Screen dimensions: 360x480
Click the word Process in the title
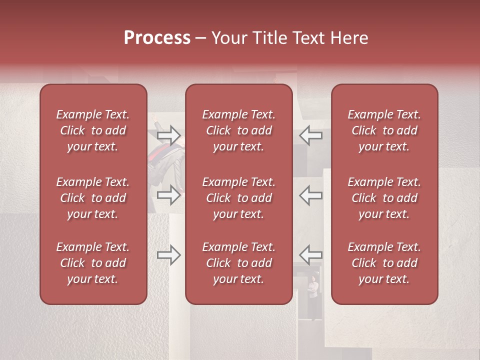[x=157, y=38]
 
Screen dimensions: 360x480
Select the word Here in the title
[x=348, y=38]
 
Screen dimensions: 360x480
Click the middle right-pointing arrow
[x=168, y=195]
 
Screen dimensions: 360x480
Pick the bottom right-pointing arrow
[x=168, y=255]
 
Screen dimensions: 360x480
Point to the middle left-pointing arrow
[x=311, y=195]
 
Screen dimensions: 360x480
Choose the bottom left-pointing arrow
[x=311, y=255]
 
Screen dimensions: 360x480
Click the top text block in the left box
[x=93, y=130]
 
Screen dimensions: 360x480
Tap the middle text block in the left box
[x=93, y=198]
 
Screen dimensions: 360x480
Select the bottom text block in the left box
[x=93, y=263]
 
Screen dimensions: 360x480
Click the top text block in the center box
[x=238, y=130]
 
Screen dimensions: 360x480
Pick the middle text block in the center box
[x=238, y=198]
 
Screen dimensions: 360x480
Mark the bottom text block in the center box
[x=238, y=263]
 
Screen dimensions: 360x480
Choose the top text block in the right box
[x=384, y=130]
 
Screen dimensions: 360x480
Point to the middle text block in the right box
[x=384, y=198]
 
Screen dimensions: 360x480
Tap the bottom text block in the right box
[x=384, y=263]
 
